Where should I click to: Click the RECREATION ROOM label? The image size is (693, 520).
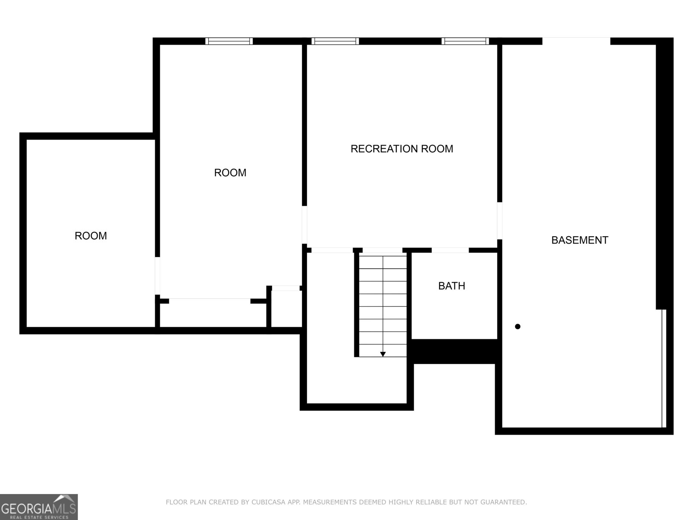click(402, 149)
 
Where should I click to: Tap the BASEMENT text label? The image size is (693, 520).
click(580, 240)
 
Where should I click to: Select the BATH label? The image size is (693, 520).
click(451, 286)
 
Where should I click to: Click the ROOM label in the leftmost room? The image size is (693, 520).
click(91, 236)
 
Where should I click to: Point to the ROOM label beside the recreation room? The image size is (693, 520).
click(230, 172)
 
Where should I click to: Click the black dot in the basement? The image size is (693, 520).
click(517, 326)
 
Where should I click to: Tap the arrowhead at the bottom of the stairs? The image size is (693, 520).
click(383, 354)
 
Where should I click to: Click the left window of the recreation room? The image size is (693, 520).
click(335, 41)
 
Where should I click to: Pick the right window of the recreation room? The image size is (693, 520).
click(465, 41)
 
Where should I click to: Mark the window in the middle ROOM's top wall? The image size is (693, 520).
click(229, 41)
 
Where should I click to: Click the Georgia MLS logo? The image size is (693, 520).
click(39, 507)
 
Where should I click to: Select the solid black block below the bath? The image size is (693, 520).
click(454, 351)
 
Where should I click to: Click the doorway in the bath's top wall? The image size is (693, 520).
click(450, 250)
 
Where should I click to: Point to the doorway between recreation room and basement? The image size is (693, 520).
click(499, 221)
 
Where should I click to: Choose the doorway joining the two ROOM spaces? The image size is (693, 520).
click(158, 276)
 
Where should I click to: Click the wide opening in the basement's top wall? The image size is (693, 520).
click(576, 41)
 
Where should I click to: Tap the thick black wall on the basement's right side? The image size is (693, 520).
click(664, 173)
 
